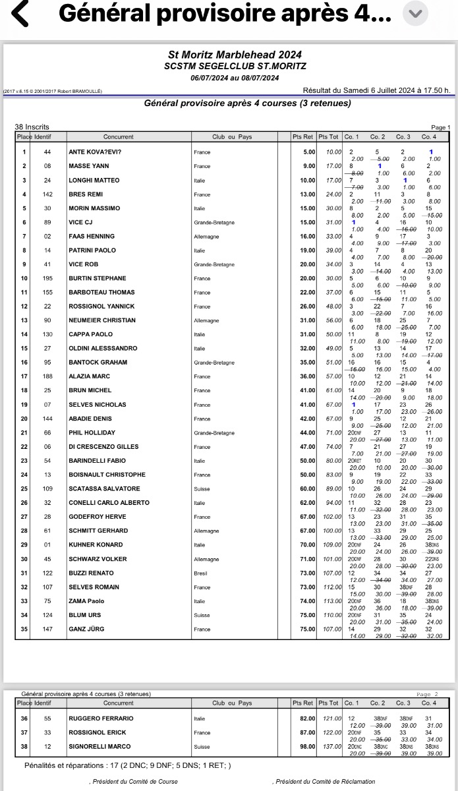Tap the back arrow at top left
coord(20,14)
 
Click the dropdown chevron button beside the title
coord(415,14)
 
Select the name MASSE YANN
coord(89,166)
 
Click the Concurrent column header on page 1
coord(119,136)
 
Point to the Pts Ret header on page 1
coord(303,136)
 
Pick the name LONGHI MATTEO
coord(94,180)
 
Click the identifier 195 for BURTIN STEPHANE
coord(47,278)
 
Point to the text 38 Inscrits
coord(32,127)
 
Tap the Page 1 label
coord(440,127)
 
